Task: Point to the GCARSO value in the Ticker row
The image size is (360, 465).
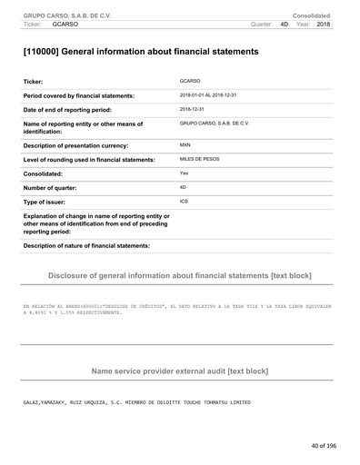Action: (x=190, y=82)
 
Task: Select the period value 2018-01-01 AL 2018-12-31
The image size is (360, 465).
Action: (x=220, y=94)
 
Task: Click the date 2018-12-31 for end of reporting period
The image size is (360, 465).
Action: (x=192, y=107)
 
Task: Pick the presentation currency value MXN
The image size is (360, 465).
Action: (x=185, y=144)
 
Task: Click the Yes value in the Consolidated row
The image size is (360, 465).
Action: (x=184, y=172)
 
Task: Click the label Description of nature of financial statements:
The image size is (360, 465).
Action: (x=85, y=246)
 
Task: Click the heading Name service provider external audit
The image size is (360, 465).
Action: (x=179, y=371)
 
